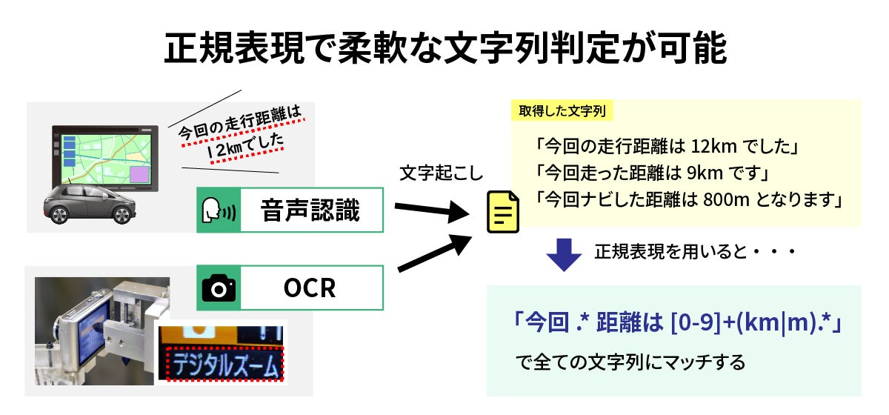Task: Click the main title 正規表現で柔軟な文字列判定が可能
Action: pos(444,48)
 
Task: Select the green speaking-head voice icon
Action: pos(219,210)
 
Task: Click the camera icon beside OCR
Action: pos(219,288)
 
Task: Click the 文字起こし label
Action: pos(440,173)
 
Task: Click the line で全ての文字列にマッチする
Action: pos(630,363)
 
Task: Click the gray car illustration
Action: pos(90,203)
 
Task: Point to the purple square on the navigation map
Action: pos(139,174)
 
